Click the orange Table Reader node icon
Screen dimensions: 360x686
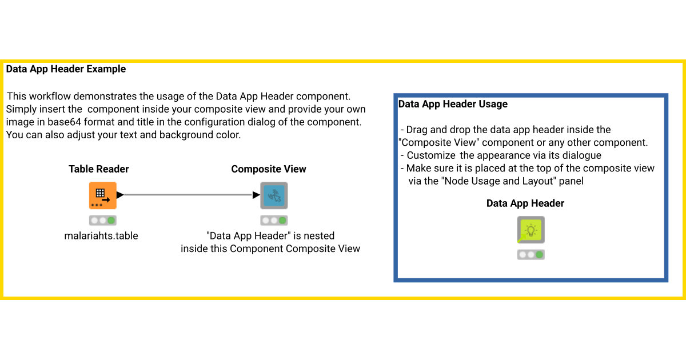(102, 195)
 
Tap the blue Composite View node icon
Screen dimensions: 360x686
(274, 195)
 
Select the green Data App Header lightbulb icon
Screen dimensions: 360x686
(531, 230)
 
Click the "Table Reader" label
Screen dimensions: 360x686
(98, 169)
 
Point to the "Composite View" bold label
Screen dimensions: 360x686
(269, 169)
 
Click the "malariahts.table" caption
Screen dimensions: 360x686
(101, 235)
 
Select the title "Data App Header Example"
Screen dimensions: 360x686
(66, 69)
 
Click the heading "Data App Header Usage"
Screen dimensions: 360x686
(453, 104)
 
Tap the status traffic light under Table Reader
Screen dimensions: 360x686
(102, 220)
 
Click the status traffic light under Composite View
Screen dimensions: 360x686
(274, 220)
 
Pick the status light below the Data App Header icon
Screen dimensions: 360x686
(531, 255)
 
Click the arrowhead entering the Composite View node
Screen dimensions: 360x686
(256, 195)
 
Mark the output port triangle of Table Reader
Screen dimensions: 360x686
(120, 195)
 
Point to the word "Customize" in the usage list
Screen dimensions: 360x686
(432, 155)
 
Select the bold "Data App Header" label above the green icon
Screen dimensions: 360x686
(525, 203)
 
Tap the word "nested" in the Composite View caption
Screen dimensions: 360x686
(320, 235)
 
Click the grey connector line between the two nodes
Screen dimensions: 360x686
(189, 195)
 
